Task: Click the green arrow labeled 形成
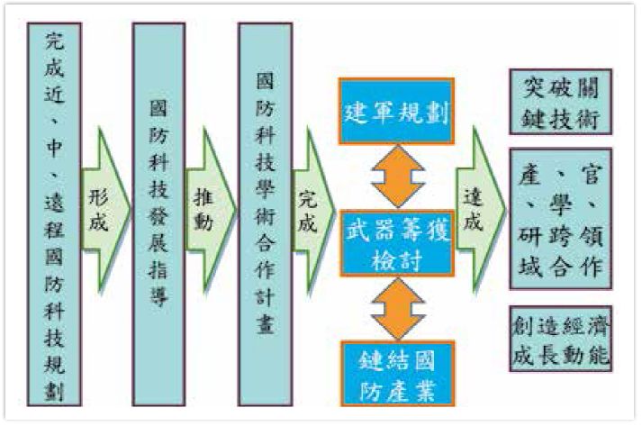click(99, 212)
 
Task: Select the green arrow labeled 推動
click(204, 212)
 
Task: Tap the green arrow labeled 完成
click(310, 213)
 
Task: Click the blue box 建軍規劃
click(397, 111)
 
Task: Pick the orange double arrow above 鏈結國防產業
click(397, 306)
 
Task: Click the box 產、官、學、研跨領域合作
click(560, 217)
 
